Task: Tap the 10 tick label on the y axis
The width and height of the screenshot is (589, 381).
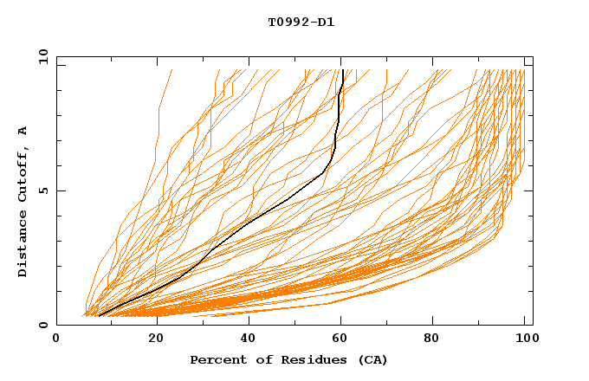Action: click(41, 56)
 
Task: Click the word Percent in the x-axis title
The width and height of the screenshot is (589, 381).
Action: click(215, 359)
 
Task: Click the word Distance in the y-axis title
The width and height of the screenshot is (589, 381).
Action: click(23, 245)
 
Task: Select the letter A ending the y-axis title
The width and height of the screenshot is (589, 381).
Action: click(23, 131)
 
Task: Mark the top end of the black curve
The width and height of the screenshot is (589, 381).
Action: click(344, 70)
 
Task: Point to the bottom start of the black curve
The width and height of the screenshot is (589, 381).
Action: click(99, 316)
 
